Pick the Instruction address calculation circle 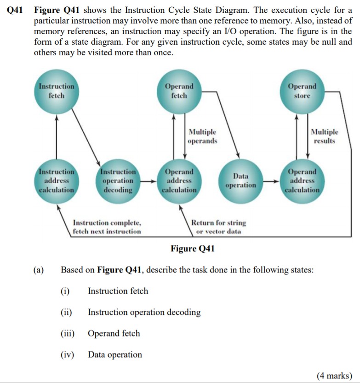[56, 180]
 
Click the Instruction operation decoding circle [118, 180]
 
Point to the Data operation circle [240, 180]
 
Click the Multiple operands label [202, 136]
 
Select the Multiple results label [325, 136]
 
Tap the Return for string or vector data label [218, 226]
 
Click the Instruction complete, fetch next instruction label [107, 226]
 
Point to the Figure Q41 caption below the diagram [193, 249]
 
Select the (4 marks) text [334, 376]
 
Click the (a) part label [39, 270]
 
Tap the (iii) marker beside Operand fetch [68, 333]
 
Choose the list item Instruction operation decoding [144, 312]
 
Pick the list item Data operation [115, 354]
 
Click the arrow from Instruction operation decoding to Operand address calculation [147, 181]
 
